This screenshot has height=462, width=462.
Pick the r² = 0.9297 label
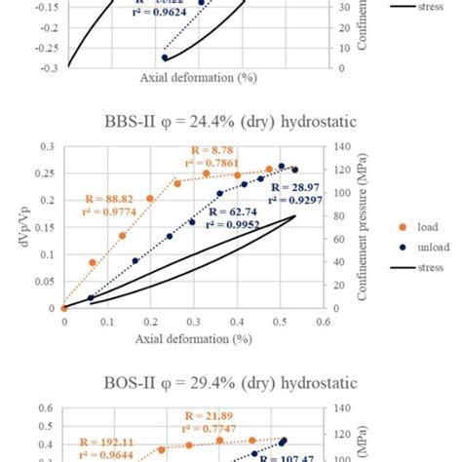coord(293,198)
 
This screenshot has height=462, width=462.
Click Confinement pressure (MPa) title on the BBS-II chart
coord(362,226)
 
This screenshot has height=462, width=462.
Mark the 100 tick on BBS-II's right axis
coord(341,192)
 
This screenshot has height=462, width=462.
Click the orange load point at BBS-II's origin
coord(64,307)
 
